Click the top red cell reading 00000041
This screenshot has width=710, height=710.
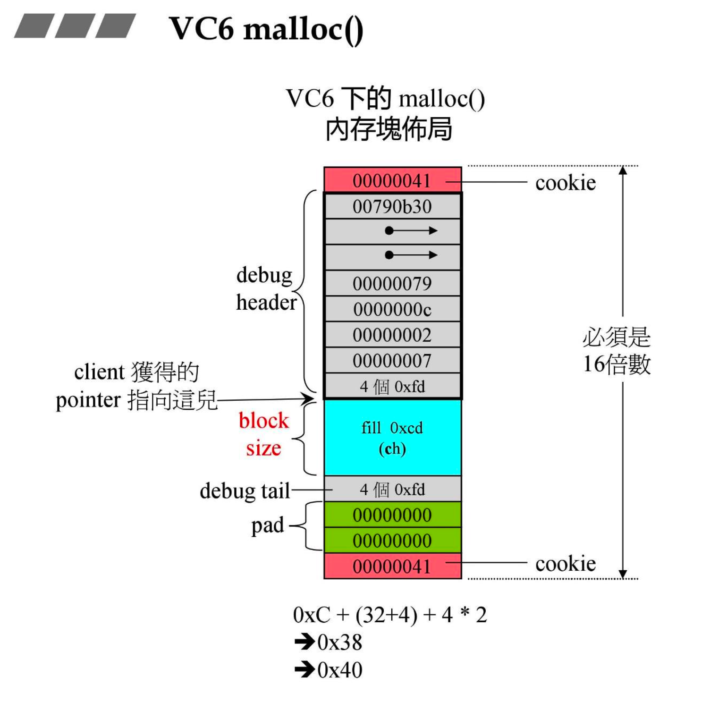click(x=392, y=181)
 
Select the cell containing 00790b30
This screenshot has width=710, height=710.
click(x=392, y=207)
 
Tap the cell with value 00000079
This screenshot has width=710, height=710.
click(x=392, y=284)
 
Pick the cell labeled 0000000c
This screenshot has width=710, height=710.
click(x=392, y=310)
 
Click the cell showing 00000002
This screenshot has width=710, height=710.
click(x=392, y=335)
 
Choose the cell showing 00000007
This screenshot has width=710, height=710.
click(x=392, y=361)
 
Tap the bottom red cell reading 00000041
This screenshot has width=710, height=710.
click(x=392, y=566)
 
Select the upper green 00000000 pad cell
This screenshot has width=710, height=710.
click(x=392, y=515)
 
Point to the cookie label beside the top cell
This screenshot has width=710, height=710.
click(x=565, y=183)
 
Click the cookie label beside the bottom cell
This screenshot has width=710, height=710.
click(x=565, y=564)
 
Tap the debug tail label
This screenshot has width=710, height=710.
click(x=245, y=491)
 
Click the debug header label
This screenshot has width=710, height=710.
click(x=266, y=288)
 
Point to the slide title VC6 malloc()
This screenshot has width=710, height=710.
click(x=266, y=29)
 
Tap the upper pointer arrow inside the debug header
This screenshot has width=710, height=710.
click(x=411, y=231)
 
